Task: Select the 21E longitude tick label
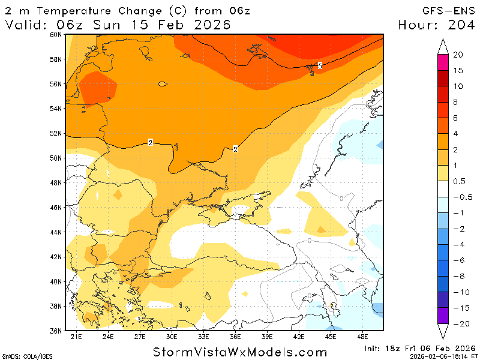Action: coord(76,337)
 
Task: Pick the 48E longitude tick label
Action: coord(363,337)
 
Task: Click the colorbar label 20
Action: coord(458,55)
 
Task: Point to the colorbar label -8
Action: coord(458,277)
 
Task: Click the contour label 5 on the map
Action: coord(320,65)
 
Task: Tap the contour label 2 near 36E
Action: coord(235,149)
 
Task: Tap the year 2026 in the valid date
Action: coord(210,25)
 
